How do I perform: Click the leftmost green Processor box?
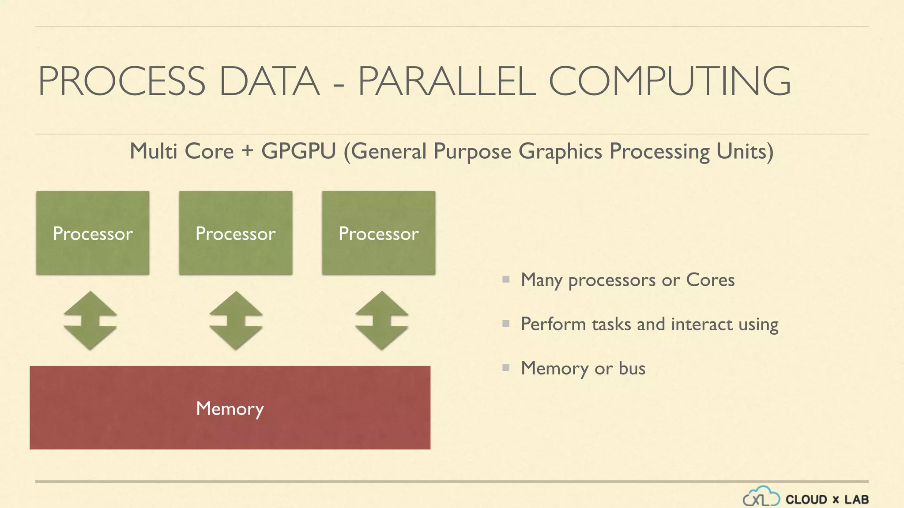point(93,233)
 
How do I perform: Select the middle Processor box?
point(236,233)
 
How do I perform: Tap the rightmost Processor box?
point(379,233)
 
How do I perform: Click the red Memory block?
point(230,408)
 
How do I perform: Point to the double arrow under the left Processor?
point(90,321)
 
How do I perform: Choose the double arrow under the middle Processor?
point(236,321)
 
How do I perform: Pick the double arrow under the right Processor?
point(382,321)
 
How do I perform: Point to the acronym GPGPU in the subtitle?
point(299,151)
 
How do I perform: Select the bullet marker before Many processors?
point(506,279)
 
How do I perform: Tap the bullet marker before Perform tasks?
point(506,324)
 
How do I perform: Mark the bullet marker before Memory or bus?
point(506,367)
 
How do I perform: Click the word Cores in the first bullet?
point(710,280)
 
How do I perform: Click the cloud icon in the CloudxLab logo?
point(761,497)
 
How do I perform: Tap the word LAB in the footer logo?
point(856,500)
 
